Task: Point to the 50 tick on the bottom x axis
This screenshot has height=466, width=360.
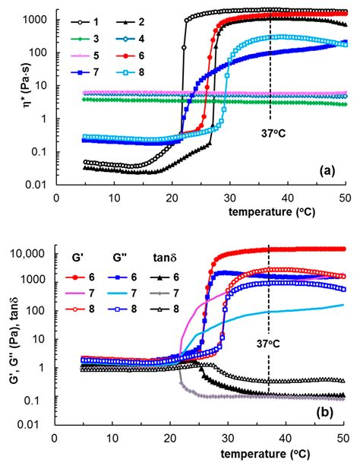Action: tap(342, 440)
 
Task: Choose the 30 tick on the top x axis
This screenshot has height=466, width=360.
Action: tap(228, 197)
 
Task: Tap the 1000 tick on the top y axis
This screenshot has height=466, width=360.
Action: tap(38, 18)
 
